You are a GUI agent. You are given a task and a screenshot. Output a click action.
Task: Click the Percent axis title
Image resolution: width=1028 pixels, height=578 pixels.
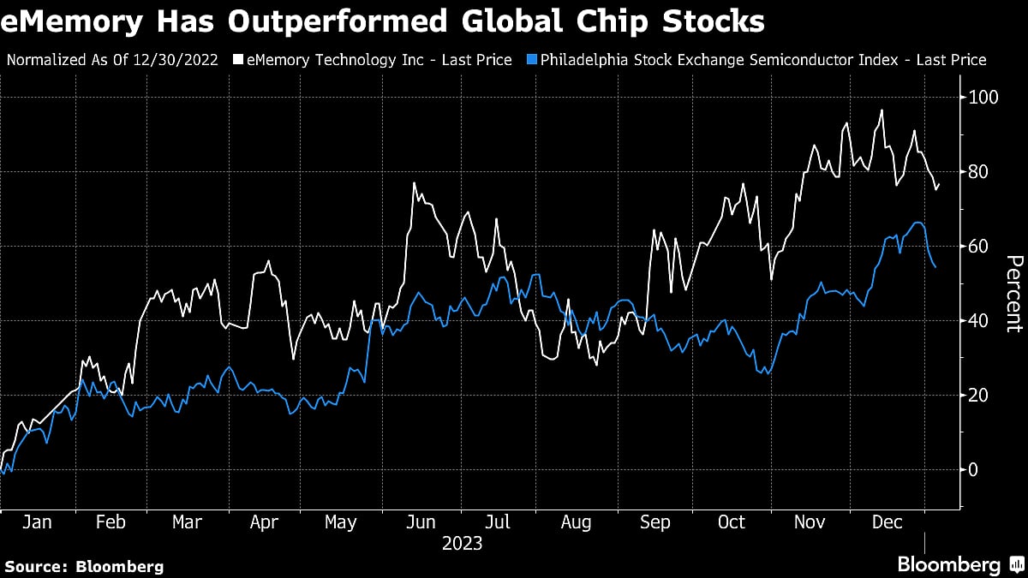(1013, 293)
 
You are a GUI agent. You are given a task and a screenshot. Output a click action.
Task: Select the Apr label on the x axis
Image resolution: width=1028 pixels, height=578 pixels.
(263, 523)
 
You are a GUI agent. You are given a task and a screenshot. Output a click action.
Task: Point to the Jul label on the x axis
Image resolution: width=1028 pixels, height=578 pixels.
(499, 523)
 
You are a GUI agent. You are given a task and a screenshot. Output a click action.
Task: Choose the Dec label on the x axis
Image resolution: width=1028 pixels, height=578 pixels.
(887, 523)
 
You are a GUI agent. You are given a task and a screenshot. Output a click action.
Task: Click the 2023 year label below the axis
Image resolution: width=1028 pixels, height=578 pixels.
(462, 544)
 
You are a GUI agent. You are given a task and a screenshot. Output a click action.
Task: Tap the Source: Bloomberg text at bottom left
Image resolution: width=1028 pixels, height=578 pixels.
(84, 566)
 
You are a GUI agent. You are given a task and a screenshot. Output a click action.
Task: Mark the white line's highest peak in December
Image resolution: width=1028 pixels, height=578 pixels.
(882, 110)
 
